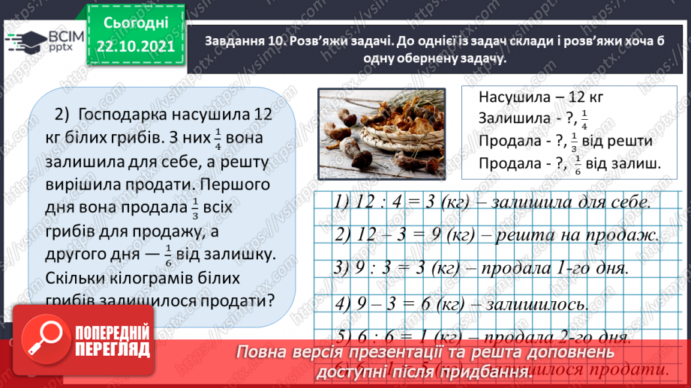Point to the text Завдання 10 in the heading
(242, 43)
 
